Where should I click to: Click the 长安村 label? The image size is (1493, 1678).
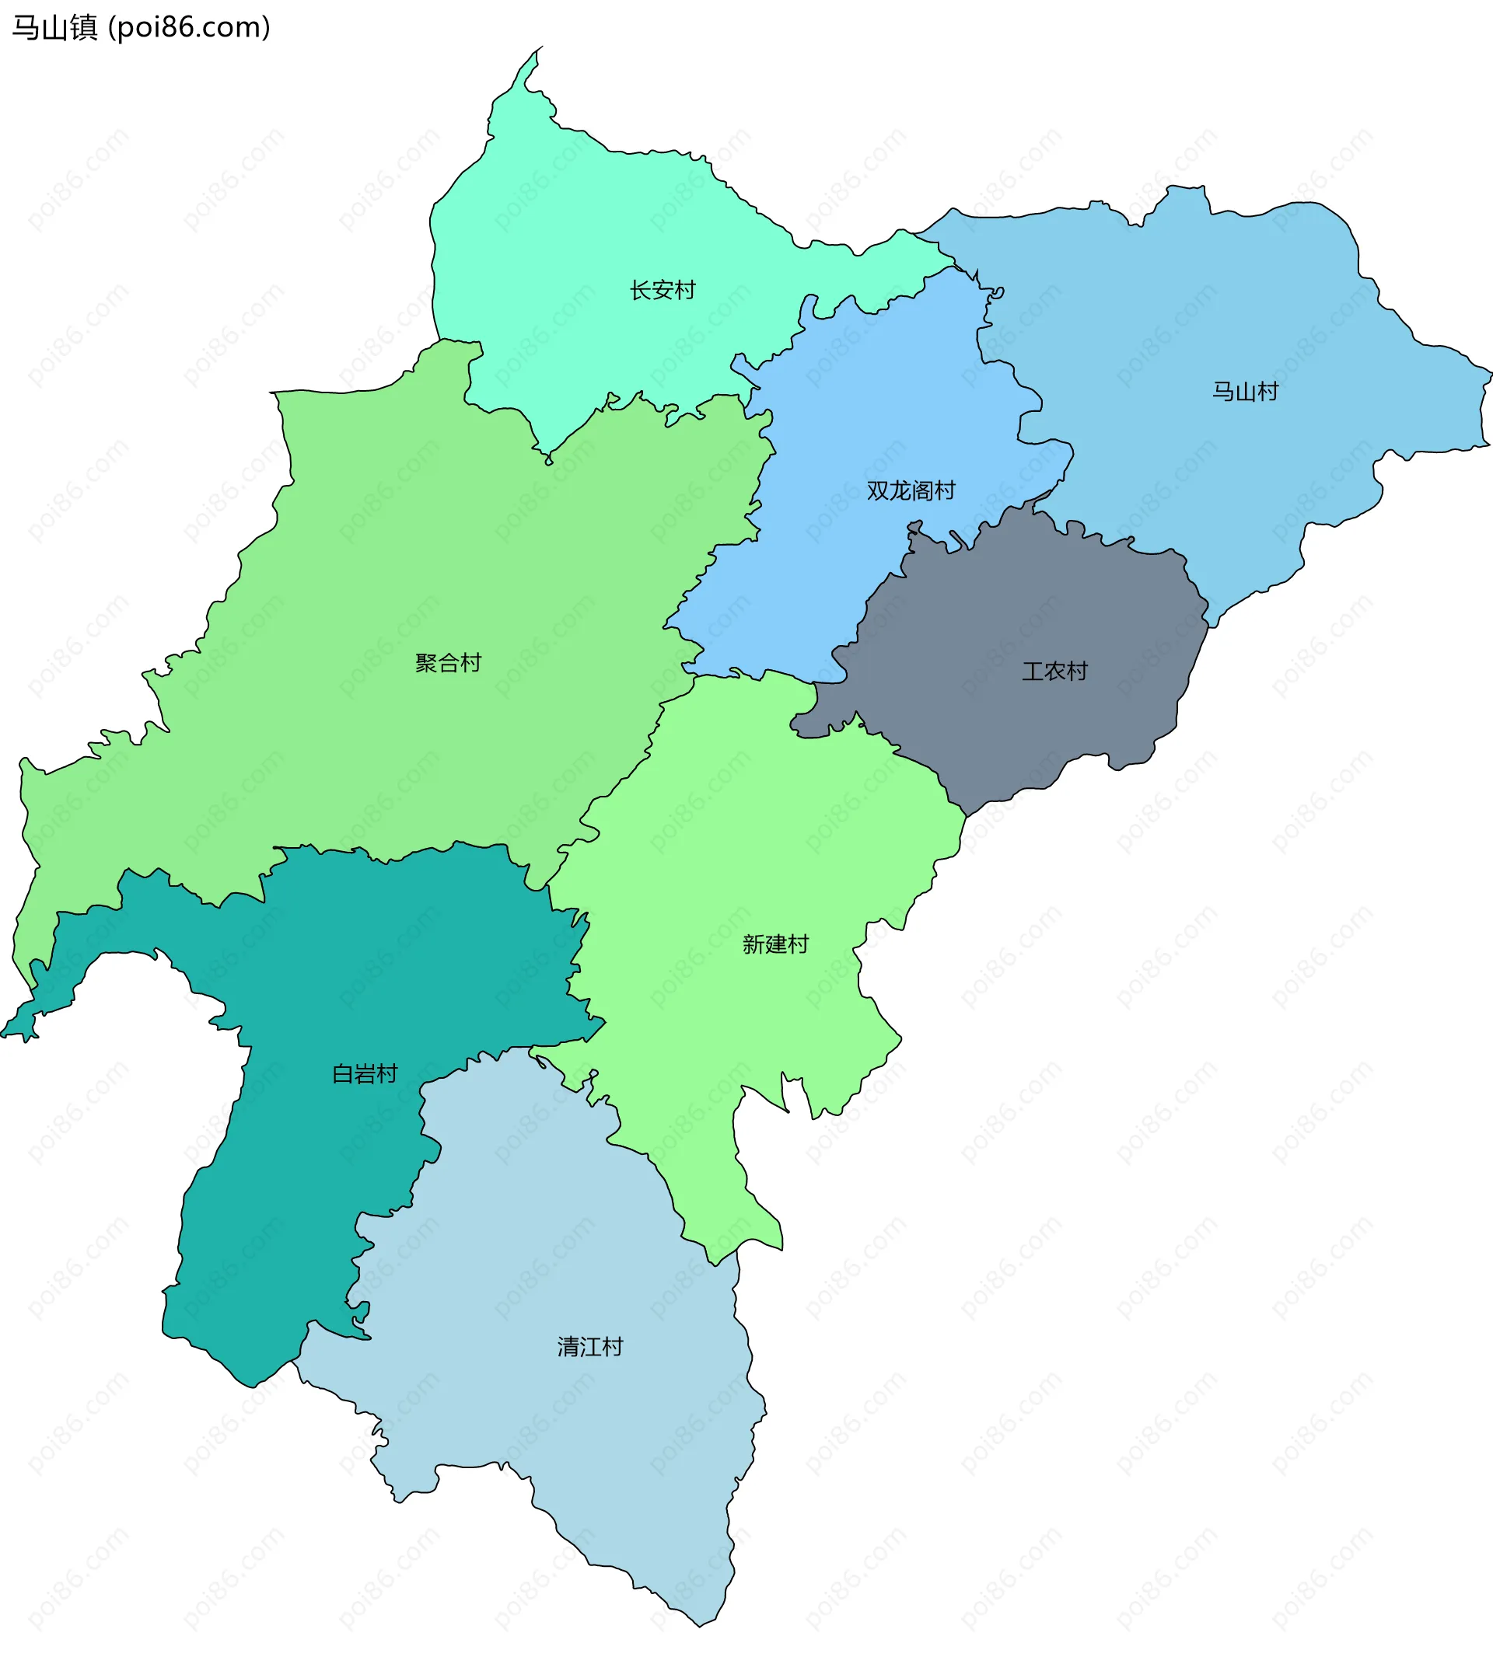point(662,290)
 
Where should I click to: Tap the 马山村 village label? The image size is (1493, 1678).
point(1245,392)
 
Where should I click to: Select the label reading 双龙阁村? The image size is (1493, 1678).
point(911,490)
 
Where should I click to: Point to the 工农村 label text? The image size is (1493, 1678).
point(1054,672)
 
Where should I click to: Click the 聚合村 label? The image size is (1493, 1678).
point(448,662)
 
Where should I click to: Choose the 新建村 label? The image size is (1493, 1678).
point(775,944)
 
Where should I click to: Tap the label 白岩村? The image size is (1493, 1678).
point(365,1074)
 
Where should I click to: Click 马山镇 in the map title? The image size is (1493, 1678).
point(55,28)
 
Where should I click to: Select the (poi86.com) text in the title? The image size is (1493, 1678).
point(190,28)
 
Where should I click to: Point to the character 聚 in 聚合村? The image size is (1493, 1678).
point(425,662)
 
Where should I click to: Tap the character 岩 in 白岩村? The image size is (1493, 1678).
point(365,1074)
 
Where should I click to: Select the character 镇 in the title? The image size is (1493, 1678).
point(84,28)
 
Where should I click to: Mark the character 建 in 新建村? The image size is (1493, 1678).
point(775,944)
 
